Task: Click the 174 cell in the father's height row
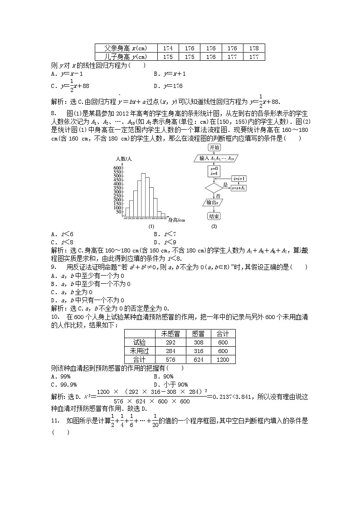coord(168,48)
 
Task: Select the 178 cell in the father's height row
coord(254,48)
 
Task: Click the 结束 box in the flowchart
coord(214,216)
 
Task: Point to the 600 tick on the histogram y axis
coord(117,168)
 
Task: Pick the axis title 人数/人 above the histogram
coord(123,159)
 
